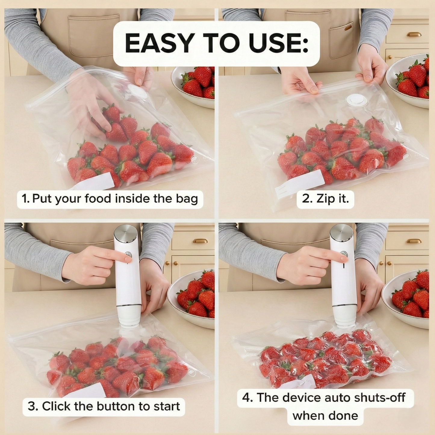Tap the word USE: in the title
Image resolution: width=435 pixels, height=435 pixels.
click(x=278, y=43)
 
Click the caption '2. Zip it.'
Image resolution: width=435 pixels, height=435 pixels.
click(x=325, y=199)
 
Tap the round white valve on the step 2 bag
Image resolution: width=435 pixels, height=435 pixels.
click(x=356, y=100)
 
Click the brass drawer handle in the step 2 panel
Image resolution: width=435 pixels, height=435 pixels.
click(x=414, y=34)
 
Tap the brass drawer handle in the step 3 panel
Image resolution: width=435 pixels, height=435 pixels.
click(x=200, y=241)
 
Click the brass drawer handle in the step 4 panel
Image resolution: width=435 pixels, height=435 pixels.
click(x=414, y=241)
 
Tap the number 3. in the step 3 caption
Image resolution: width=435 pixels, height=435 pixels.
click(x=33, y=406)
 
